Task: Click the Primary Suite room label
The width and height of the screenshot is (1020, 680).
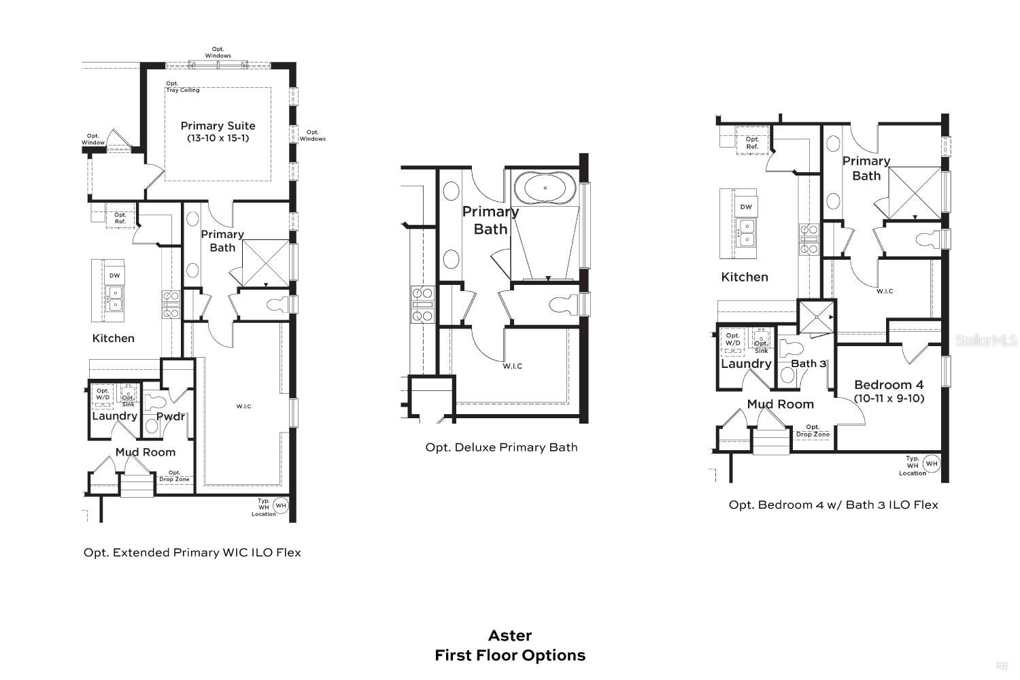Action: tap(218, 126)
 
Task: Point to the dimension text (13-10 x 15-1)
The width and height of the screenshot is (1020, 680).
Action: tap(218, 138)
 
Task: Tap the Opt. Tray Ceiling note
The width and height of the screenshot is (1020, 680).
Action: tap(183, 87)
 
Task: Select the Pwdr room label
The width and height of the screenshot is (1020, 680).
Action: tap(171, 416)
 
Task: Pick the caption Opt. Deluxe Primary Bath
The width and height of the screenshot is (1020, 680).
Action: tap(501, 447)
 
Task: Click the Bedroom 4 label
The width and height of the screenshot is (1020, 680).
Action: tap(889, 385)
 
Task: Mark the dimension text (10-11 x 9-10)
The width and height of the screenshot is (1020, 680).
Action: tap(889, 398)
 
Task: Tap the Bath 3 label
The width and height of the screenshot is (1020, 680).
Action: tap(808, 364)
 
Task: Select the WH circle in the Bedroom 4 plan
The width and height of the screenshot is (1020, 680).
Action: tap(931, 464)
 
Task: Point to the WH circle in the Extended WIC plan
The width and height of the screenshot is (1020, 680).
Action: tap(281, 505)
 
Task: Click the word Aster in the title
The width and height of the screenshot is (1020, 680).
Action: tap(510, 636)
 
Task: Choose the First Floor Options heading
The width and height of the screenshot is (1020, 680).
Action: tap(510, 656)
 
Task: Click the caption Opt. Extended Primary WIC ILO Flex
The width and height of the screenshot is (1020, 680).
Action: tap(192, 553)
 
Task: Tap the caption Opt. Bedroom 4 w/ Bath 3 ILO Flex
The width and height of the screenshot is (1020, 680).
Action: tap(833, 505)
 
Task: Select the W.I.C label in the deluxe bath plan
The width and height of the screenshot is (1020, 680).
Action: tap(512, 367)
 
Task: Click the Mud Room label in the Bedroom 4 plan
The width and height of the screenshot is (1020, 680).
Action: tap(780, 404)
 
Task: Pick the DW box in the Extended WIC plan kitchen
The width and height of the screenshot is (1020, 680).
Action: tap(114, 275)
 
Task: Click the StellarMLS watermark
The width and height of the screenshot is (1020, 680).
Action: tap(985, 340)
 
